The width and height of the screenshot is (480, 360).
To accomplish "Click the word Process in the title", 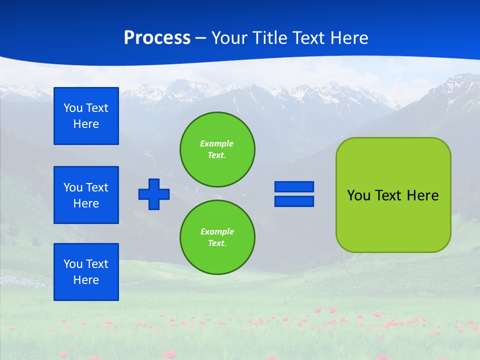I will (157, 38).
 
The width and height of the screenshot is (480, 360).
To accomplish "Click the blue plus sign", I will (154, 194).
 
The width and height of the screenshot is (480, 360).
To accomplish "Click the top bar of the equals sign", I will (294, 187).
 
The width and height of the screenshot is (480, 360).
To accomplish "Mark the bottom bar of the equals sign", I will (294, 201).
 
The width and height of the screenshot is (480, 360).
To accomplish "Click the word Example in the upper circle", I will (216, 143).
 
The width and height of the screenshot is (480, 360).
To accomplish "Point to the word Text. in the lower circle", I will (217, 243).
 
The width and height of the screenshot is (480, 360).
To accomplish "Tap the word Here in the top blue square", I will (86, 124).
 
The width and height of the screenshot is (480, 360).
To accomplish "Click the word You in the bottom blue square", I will (73, 264).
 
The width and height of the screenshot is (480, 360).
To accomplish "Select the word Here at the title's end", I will (350, 38).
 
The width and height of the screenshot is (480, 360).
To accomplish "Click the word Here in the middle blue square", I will (86, 203).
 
